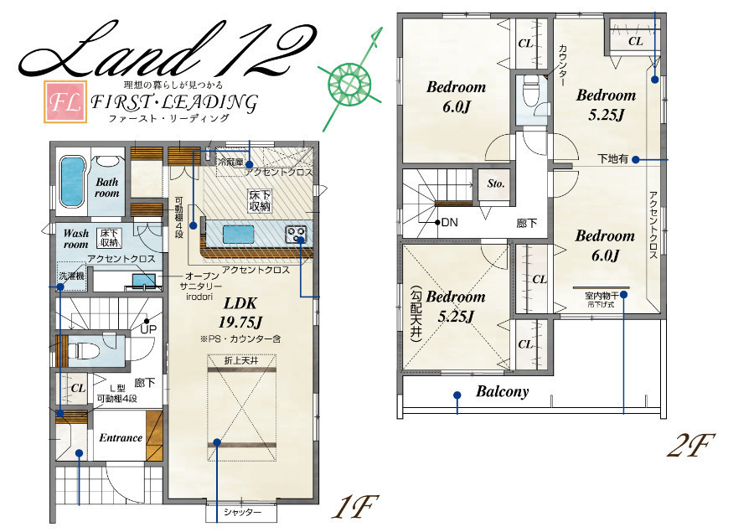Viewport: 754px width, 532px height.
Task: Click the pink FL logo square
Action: click(x=65, y=102)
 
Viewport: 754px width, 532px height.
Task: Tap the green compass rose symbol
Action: click(x=349, y=83)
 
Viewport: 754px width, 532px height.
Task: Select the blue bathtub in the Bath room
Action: click(x=71, y=182)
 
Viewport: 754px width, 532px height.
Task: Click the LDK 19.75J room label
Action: click(x=240, y=312)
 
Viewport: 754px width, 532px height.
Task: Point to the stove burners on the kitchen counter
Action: click(x=296, y=235)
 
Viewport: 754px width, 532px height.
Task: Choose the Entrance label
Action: click(x=121, y=437)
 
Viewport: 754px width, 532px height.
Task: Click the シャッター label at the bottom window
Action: click(x=242, y=513)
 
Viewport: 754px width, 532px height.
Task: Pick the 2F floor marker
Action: click(x=690, y=446)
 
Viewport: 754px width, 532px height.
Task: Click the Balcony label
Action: click(x=503, y=391)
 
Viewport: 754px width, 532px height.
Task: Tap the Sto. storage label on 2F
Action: click(x=496, y=183)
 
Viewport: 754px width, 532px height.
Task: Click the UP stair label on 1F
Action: click(x=148, y=329)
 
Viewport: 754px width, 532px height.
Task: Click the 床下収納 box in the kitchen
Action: click(x=259, y=201)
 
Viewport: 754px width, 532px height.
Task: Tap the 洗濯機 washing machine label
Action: click(x=72, y=276)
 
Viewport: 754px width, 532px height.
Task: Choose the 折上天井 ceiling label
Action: click(x=241, y=360)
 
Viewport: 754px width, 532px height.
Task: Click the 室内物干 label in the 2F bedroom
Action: click(x=602, y=297)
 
